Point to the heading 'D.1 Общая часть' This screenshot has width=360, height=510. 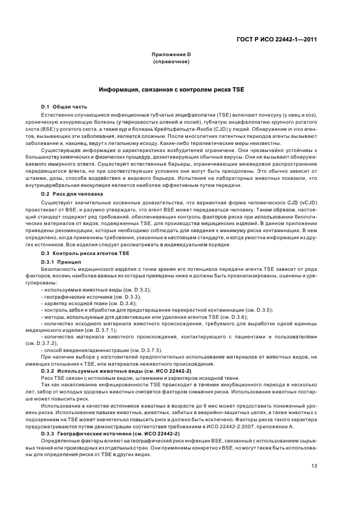click(64, 106)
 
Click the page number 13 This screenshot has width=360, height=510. click(314, 466)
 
